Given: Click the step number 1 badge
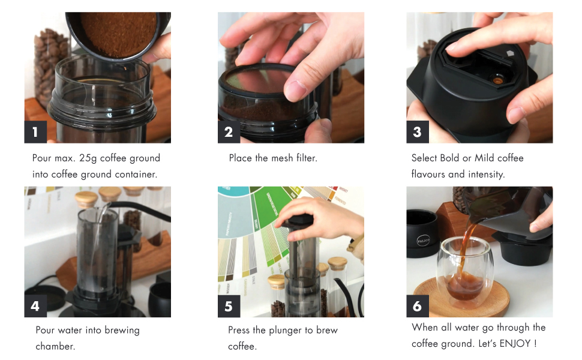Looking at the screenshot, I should tap(35, 132).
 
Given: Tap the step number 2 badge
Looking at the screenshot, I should tap(229, 132).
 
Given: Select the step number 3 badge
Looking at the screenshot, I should tap(418, 132).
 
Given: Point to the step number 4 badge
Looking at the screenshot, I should tap(35, 306).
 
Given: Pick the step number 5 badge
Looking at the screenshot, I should tap(229, 306).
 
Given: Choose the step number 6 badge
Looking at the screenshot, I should tap(418, 306).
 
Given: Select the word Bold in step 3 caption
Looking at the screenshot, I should tap(449, 158).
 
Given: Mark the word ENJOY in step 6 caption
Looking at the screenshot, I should tap(515, 344).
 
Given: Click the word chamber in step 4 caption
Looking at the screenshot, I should tap(55, 346).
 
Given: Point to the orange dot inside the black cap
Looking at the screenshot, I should tap(497, 79).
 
